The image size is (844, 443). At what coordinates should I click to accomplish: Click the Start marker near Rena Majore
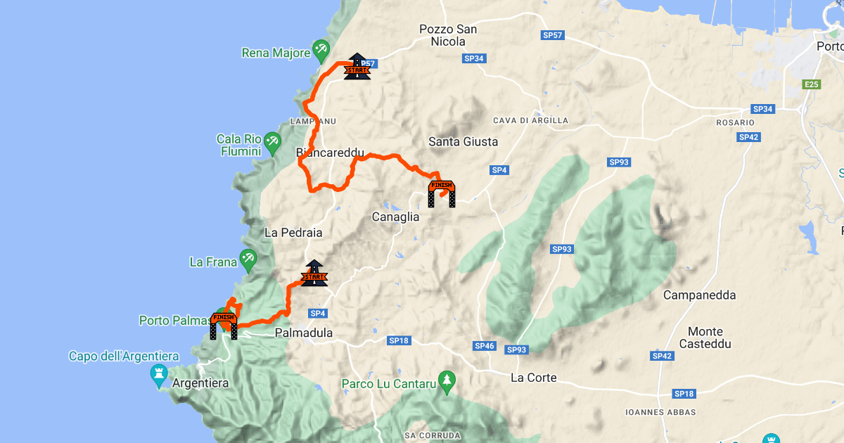point(357,67)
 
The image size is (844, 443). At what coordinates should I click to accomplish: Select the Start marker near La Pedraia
point(314,274)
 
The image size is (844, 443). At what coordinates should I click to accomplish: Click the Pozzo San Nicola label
point(448,35)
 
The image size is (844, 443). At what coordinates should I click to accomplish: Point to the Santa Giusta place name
point(463,142)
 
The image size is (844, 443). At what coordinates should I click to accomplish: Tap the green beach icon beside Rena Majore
point(321,49)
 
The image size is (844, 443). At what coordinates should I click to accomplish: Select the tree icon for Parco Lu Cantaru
point(446,380)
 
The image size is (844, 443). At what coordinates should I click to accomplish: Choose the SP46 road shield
point(485,346)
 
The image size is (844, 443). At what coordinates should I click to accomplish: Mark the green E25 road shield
point(812,84)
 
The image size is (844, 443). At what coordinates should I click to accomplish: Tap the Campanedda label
point(699,295)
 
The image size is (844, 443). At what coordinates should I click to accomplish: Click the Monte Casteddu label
point(705,338)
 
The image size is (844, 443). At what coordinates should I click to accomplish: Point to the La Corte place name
point(533,378)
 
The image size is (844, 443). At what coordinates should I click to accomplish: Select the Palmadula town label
point(304,333)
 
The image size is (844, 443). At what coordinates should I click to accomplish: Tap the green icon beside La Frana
point(248,257)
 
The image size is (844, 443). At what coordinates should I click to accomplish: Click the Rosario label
point(736,122)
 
